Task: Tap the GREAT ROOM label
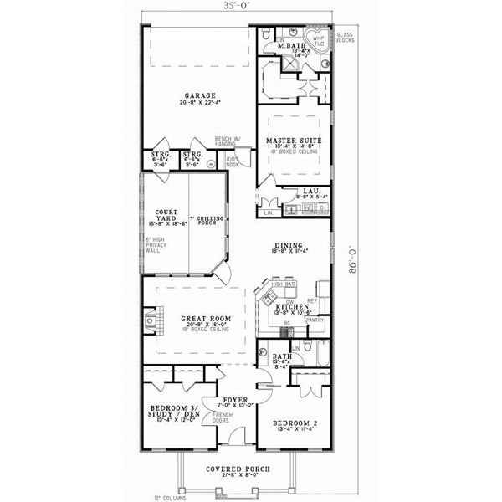click(x=200, y=319)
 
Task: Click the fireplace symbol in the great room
click(x=150, y=319)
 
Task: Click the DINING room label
click(x=289, y=244)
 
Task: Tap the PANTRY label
click(x=315, y=320)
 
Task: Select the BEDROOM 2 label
click(x=295, y=423)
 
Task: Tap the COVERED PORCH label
click(x=239, y=469)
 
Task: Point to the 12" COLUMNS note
click(x=172, y=497)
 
